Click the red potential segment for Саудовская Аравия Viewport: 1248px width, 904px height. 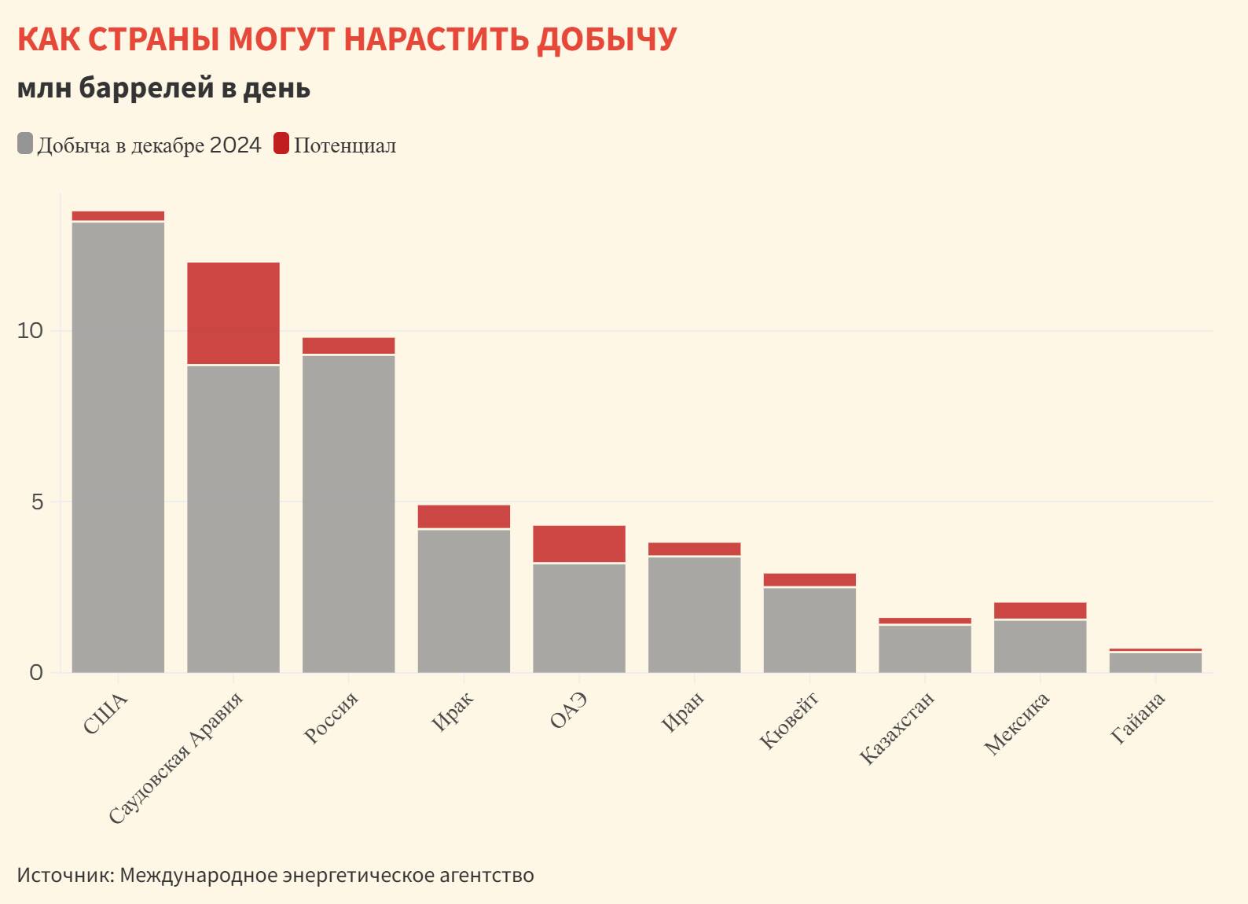[x=233, y=313]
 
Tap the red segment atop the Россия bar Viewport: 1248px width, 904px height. [x=348, y=346]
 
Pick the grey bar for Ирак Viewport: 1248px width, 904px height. [x=464, y=601]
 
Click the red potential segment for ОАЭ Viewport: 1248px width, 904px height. [x=579, y=543]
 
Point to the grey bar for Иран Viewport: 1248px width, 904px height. [x=694, y=614]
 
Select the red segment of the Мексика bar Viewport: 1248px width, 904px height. [x=1040, y=611]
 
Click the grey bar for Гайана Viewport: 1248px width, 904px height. [x=1155, y=663]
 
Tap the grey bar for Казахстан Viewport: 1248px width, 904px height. [x=925, y=649]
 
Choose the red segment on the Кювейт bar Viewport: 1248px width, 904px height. [x=809, y=580]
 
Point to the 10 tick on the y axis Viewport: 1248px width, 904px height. [x=30, y=331]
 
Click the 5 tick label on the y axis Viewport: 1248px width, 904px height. [x=37, y=502]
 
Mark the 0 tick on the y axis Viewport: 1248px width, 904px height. [x=36, y=673]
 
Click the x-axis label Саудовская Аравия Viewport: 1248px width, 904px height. [x=176, y=758]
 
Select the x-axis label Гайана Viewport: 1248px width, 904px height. [x=1138, y=718]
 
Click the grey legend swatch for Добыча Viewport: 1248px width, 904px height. [x=25, y=145]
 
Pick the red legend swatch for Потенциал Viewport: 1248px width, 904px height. [x=281, y=145]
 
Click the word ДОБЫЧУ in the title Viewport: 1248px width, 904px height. [x=606, y=39]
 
